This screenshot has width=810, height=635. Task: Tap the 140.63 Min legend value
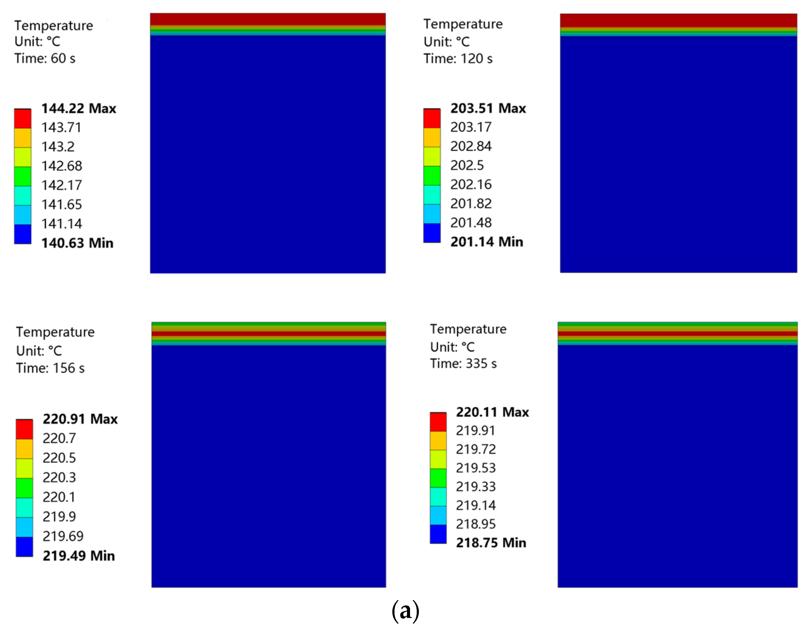[x=77, y=243]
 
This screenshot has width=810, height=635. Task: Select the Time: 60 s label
[x=45, y=58]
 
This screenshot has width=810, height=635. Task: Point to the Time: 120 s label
[x=458, y=59]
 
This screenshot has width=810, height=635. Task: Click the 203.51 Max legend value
[x=488, y=108]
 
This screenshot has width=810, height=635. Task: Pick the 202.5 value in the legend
[x=467, y=165]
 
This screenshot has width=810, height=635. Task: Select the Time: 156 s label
[x=50, y=368]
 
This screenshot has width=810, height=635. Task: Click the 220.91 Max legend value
[x=80, y=419]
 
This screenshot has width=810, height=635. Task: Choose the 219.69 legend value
[x=63, y=536]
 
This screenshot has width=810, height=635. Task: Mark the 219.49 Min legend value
[x=79, y=556]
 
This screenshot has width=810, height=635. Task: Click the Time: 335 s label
[x=463, y=364]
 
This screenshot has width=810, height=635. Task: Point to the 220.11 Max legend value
[x=492, y=412]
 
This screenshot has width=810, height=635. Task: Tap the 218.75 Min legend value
[x=491, y=543]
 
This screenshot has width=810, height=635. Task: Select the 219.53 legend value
[x=476, y=468]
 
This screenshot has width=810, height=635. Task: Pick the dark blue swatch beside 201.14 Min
[x=432, y=233]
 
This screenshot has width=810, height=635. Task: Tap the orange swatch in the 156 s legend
[x=24, y=449]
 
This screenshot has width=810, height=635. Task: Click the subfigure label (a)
[x=405, y=611]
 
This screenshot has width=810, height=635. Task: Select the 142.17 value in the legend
[x=61, y=185]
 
